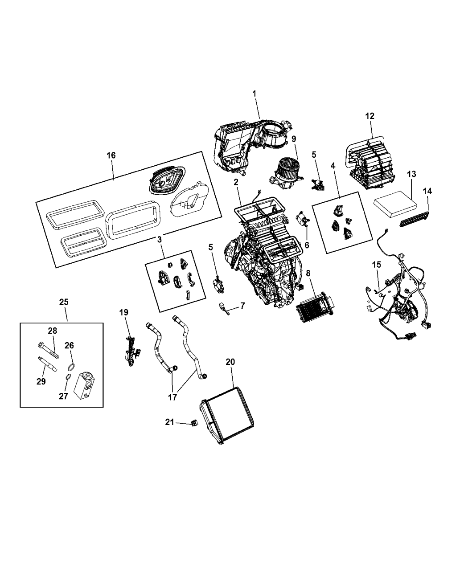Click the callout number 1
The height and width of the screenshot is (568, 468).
point(254,94)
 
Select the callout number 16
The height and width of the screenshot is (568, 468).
point(111,155)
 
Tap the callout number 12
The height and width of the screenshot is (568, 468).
point(370,116)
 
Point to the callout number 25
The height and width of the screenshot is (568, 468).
point(64,302)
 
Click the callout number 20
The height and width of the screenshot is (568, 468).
point(230,362)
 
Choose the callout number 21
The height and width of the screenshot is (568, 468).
point(169,422)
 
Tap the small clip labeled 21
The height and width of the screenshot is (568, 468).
point(194,423)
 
